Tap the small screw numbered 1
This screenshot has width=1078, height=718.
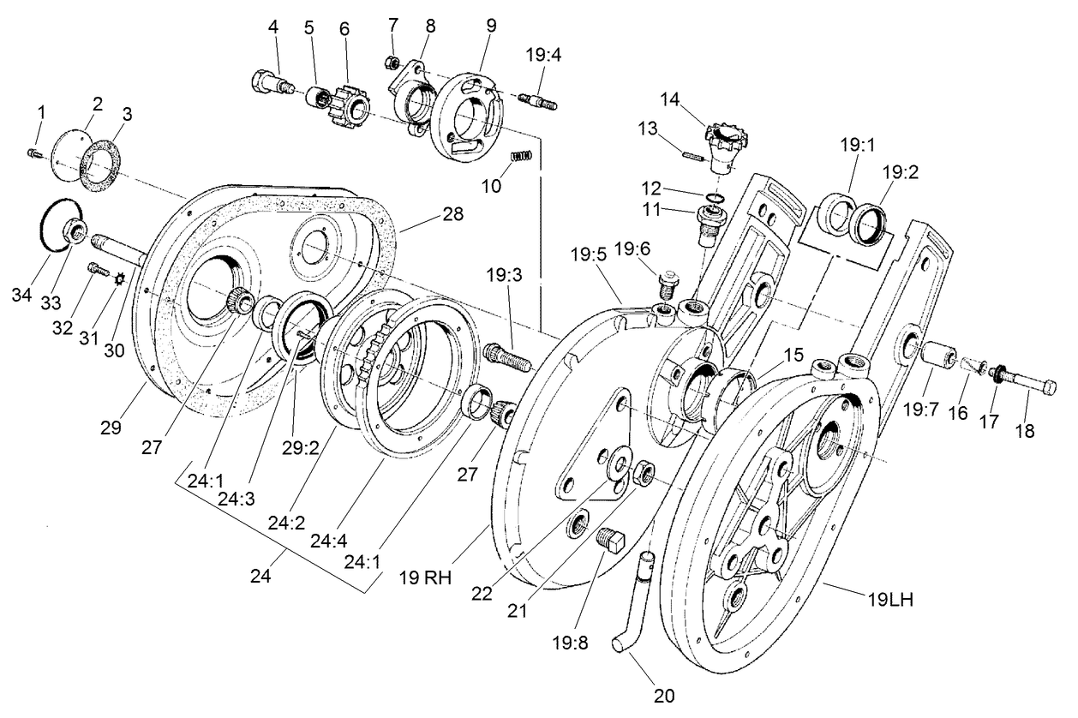point(33,153)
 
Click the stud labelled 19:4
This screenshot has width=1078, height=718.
point(536,102)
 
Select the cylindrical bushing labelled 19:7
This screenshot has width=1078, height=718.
point(940,354)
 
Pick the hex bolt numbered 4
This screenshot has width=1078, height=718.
point(270,84)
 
